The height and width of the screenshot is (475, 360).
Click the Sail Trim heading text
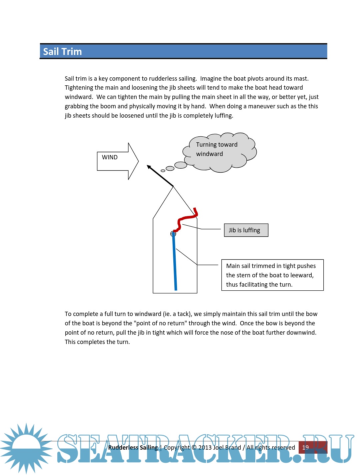(x=62, y=52)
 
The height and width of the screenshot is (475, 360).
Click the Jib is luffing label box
(x=246, y=230)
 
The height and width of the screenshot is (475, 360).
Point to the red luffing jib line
(x=187, y=218)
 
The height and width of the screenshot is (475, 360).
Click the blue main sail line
(x=174, y=263)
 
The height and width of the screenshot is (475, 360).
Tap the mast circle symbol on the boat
(x=173, y=234)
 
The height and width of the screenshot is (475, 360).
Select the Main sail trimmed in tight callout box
(x=272, y=275)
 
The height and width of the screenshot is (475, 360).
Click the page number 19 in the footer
(x=306, y=447)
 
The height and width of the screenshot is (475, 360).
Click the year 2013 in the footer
(x=205, y=447)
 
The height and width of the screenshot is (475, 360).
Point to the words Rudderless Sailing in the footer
(x=133, y=447)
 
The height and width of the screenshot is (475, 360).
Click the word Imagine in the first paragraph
(x=211, y=79)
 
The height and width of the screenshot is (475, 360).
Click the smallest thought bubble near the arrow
(x=163, y=171)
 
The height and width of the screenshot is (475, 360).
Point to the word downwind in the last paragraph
(x=302, y=333)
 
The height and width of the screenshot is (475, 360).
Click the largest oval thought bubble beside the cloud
(x=181, y=165)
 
